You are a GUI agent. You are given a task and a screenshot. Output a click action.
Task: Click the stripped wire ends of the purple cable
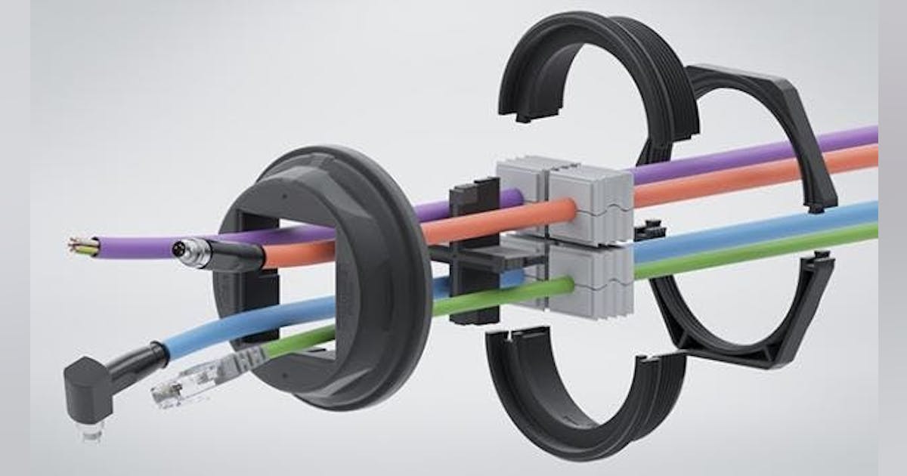pyautogui.click(x=82, y=245)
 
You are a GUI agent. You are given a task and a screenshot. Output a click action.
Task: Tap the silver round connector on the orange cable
pyautogui.click(x=185, y=249)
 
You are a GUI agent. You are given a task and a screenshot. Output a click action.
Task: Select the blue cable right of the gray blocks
pyautogui.click(x=756, y=227)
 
